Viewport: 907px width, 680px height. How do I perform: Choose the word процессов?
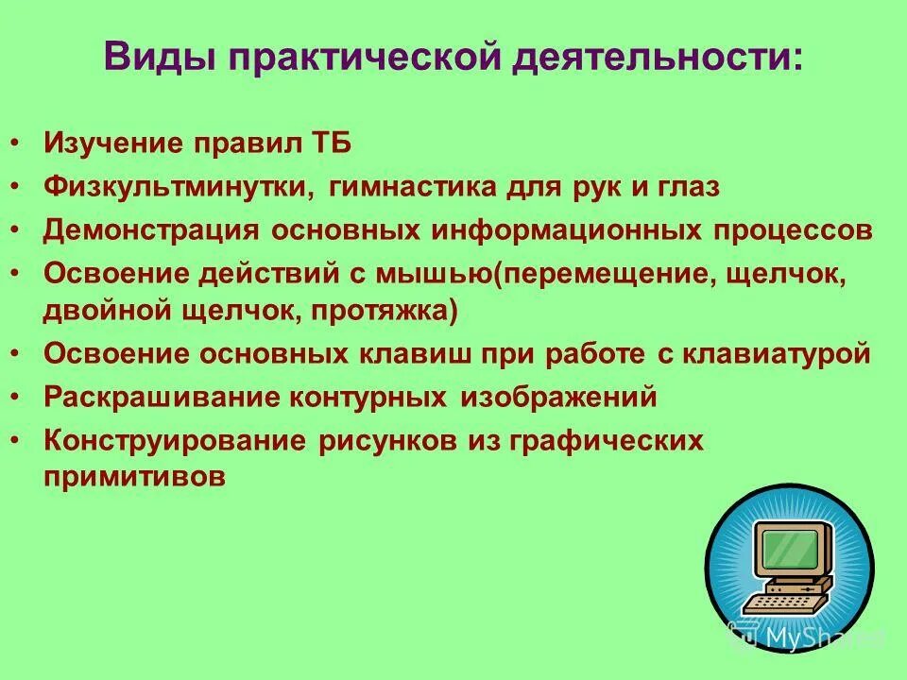[x=794, y=230]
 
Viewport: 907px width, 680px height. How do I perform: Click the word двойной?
[x=104, y=311]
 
